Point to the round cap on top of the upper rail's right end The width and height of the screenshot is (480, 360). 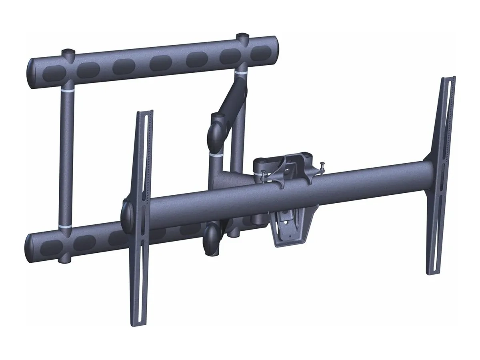coord(242,37)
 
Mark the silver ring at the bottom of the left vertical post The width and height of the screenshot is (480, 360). coord(64,226)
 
